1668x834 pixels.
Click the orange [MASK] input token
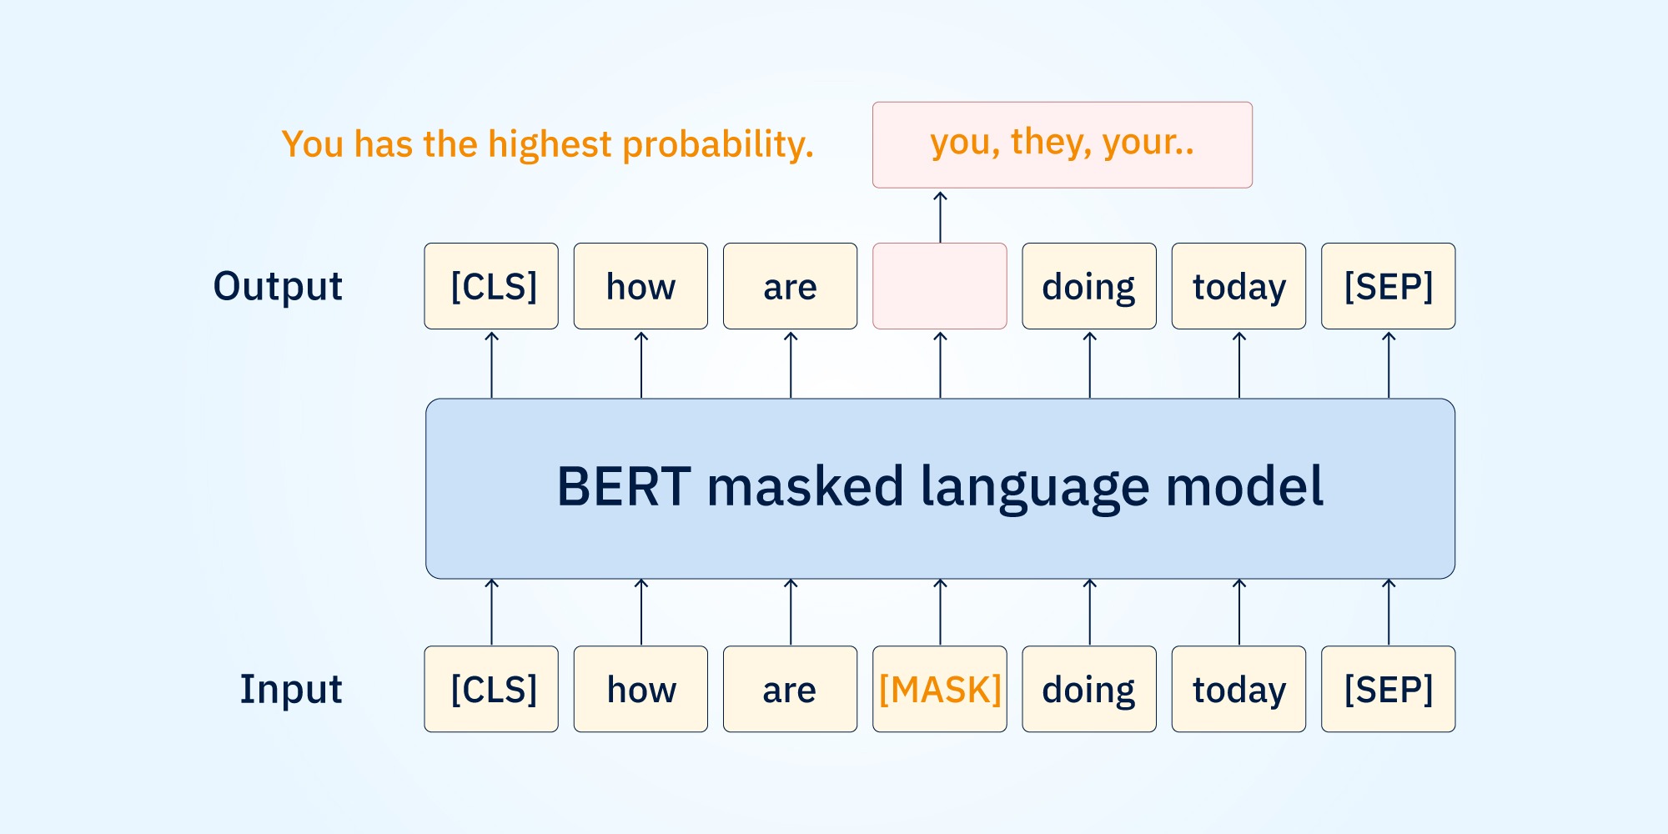click(x=940, y=690)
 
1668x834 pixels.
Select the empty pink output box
click(x=940, y=286)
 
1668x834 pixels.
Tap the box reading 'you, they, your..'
click(x=1062, y=144)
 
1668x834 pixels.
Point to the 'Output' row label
click(x=278, y=286)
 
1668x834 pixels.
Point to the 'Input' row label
click(x=291, y=689)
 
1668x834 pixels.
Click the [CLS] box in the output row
click(x=491, y=286)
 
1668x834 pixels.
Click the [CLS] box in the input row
click(x=491, y=690)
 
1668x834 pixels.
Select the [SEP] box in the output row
click(x=1388, y=286)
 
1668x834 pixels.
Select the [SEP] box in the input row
click(x=1388, y=690)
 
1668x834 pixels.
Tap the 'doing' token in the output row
click(x=1089, y=286)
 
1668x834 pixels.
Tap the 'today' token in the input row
click(x=1238, y=690)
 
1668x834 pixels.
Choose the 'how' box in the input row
click(x=641, y=690)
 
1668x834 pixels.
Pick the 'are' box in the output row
click(x=790, y=286)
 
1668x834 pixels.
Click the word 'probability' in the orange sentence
click(x=716, y=145)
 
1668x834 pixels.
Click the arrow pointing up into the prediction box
click(x=940, y=217)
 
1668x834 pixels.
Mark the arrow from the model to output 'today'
click(x=1239, y=364)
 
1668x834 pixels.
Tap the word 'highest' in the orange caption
click(x=550, y=145)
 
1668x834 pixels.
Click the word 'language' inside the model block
click(x=1034, y=487)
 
